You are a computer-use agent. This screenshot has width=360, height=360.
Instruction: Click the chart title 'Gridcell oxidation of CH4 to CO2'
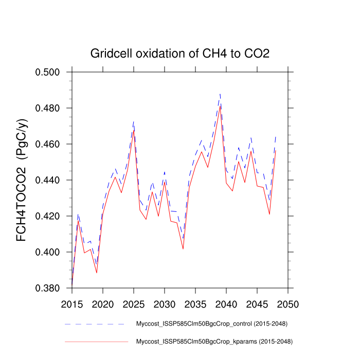[179, 53]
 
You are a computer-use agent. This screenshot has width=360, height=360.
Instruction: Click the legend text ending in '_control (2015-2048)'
[211, 324]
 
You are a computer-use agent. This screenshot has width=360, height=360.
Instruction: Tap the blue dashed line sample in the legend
[95, 324]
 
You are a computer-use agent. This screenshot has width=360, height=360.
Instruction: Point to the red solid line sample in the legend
[95, 341]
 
